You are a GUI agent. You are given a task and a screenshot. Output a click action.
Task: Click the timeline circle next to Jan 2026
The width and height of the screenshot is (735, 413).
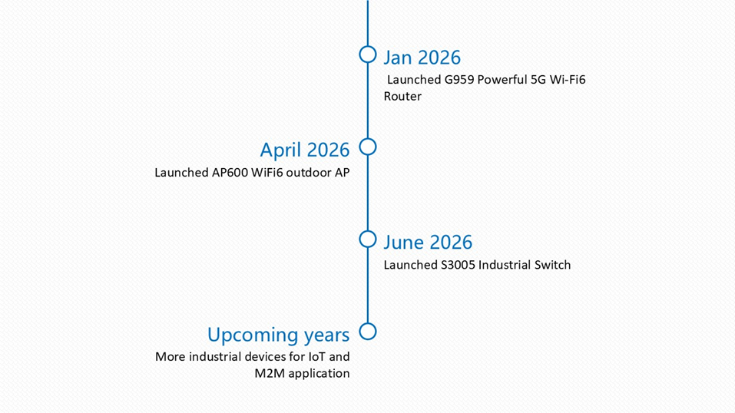367,46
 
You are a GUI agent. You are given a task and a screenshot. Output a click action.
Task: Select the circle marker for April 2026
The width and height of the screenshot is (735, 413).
367,139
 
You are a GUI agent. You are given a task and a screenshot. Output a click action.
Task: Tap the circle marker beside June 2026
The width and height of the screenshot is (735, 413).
367,231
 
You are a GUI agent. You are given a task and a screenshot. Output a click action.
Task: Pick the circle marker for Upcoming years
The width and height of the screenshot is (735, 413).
367,323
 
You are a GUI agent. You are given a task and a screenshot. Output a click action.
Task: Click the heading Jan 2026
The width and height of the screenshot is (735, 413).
422,58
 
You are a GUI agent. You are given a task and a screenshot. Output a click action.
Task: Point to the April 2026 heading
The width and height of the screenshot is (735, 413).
305,150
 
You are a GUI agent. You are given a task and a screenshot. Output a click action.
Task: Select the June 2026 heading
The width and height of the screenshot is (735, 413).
428,243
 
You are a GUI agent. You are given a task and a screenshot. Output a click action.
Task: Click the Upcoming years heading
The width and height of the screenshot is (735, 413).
279,335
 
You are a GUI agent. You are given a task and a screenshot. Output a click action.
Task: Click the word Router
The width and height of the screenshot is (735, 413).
402,96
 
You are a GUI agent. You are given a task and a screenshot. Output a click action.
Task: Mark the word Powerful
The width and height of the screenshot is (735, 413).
502,80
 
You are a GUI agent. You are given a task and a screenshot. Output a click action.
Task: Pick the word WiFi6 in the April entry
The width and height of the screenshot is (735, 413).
267,173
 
